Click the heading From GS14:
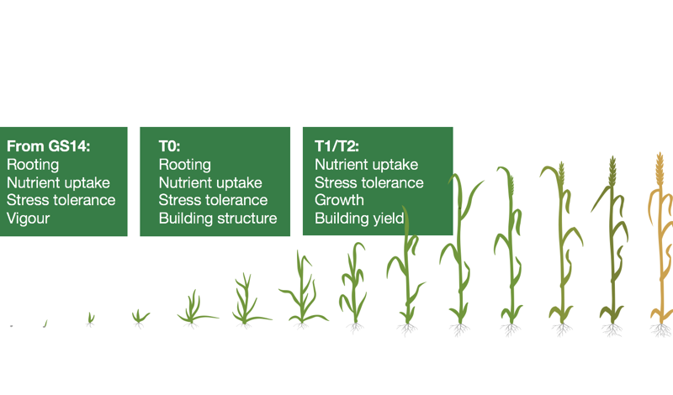tap(48, 146)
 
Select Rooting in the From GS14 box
tap(33, 165)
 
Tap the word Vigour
tap(29, 219)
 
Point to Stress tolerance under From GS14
tap(61, 200)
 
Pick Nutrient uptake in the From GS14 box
tap(58, 182)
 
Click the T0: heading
tap(170, 146)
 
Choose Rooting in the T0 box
tap(184, 165)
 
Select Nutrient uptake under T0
tap(210, 182)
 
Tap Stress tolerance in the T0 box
tap(213, 200)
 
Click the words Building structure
tap(218, 219)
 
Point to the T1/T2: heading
tap(336, 146)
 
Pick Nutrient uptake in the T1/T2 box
tap(366, 165)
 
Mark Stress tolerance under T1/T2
tap(369, 182)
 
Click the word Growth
tap(339, 200)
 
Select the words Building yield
tap(359, 219)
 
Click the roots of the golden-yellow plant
tap(661, 329)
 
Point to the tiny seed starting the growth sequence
tap(12, 326)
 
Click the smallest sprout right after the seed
tap(45, 324)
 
